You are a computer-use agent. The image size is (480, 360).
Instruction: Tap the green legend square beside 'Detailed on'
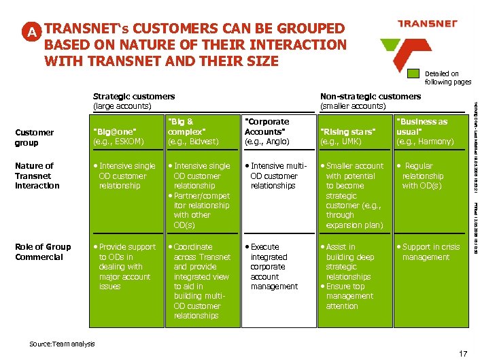click(x=413, y=74)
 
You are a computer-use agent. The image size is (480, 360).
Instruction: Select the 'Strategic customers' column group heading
click(x=134, y=101)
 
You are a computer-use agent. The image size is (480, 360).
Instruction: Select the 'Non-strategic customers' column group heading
click(x=371, y=101)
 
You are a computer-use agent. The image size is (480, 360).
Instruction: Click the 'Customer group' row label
click(x=35, y=137)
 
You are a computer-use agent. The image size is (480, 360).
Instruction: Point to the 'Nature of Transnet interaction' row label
click(x=38, y=176)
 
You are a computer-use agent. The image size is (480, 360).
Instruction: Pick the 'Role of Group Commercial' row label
click(x=43, y=252)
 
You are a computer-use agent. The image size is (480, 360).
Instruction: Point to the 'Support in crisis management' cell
click(x=430, y=252)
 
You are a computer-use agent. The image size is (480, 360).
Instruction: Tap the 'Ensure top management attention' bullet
click(x=349, y=296)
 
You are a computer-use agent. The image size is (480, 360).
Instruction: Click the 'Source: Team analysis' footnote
click(x=62, y=344)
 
